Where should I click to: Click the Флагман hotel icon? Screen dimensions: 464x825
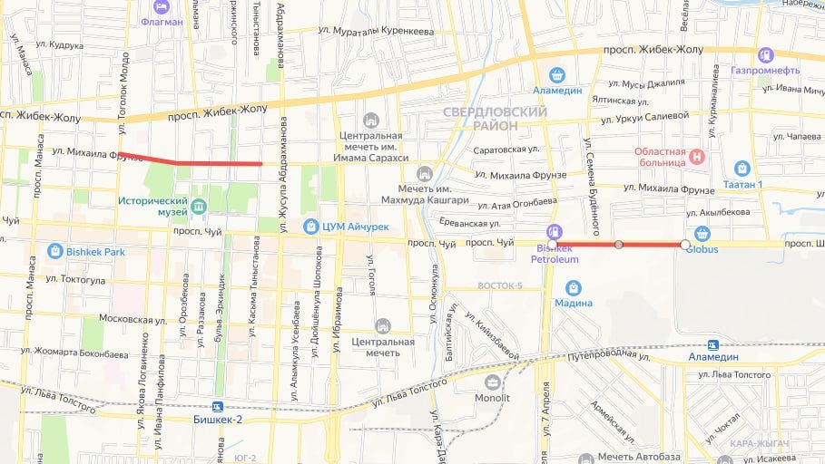tap(162, 5)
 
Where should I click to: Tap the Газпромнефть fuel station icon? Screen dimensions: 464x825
tap(766, 54)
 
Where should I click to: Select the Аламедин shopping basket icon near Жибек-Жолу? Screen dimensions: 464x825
tap(557, 75)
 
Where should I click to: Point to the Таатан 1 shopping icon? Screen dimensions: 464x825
tap(742, 168)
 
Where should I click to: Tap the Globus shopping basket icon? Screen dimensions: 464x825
tap(702, 233)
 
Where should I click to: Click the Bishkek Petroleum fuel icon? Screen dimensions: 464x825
tap(555, 232)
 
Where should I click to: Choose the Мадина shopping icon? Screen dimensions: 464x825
tap(573, 288)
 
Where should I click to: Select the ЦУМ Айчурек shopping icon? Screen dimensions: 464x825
tap(311, 226)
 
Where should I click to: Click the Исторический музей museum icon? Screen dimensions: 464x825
tap(199, 207)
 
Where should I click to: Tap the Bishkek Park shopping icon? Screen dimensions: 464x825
tap(55, 250)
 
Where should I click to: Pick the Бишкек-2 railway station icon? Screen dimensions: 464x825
tap(217, 407)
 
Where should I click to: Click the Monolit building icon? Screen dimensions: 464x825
tap(493, 382)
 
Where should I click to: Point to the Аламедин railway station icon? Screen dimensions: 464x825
tap(713, 344)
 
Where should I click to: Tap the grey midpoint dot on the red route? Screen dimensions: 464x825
tap(619, 245)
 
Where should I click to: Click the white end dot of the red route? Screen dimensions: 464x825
tap(684, 245)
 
